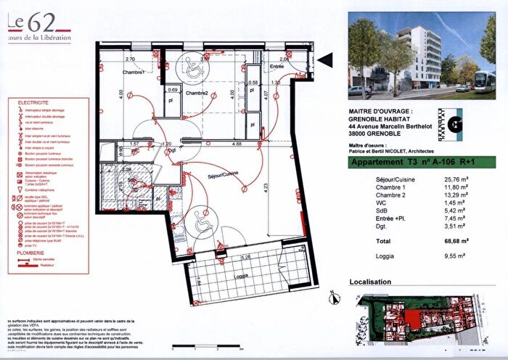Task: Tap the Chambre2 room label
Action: click(x=196, y=94)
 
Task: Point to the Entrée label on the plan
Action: click(x=276, y=66)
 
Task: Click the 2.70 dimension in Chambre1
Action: click(x=131, y=59)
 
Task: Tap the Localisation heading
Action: click(x=370, y=282)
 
